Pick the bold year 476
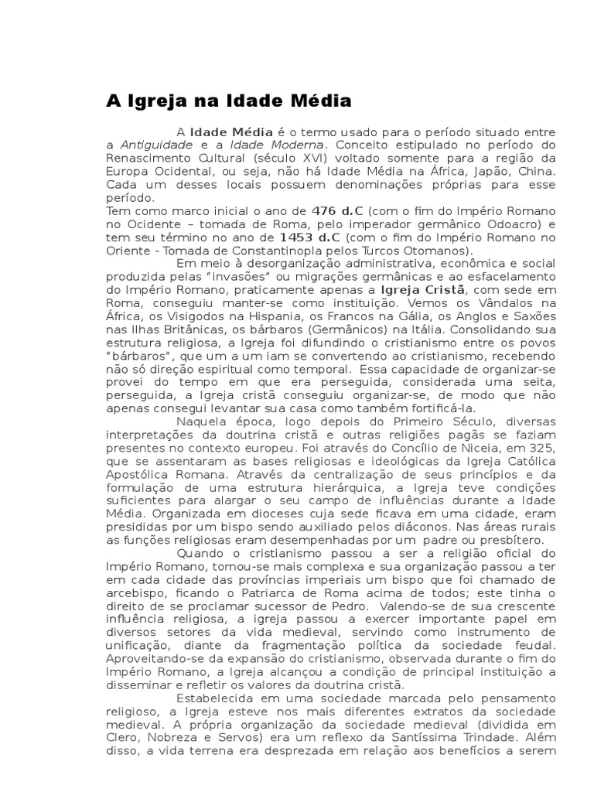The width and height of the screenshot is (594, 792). tap(323, 211)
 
